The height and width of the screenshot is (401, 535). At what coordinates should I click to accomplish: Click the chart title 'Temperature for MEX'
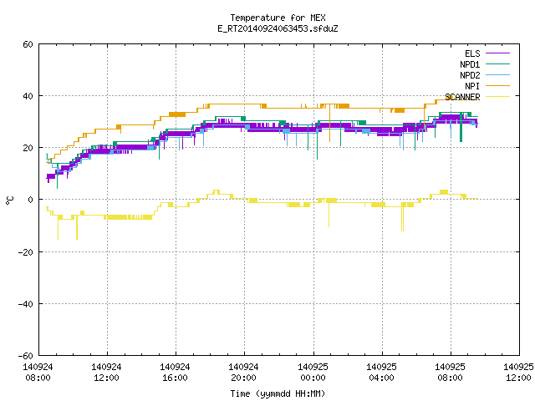coord(278,18)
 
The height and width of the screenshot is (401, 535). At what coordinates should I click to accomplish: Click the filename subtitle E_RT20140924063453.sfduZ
coord(278,28)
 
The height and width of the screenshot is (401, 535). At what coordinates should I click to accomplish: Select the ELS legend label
coord(472,53)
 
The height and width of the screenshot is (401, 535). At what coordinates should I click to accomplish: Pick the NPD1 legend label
coord(470,64)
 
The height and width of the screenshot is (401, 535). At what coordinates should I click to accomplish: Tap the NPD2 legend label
coord(470,75)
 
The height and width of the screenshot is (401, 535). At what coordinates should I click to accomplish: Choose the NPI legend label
coord(472,86)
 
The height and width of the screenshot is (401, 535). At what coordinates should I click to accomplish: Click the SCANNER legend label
coord(462,97)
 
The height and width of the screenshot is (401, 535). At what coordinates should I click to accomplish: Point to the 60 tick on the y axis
coord(28,44)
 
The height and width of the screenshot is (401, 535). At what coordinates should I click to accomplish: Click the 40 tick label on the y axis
coord(28,96)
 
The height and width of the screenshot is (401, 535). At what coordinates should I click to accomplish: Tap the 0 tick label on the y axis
coord(31,200)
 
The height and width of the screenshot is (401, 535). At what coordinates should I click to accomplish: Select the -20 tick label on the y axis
coord(26,252)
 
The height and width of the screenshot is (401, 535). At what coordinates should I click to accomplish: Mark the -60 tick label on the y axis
coord(26,356)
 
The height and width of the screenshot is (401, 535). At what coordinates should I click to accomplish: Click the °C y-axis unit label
coord(9,200)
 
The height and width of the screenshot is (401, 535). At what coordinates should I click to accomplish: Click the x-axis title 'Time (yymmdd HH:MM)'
coord(278,393)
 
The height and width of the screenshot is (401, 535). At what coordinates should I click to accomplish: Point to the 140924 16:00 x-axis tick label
coord(175,373)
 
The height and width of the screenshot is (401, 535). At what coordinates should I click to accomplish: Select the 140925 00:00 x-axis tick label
coord(313,373)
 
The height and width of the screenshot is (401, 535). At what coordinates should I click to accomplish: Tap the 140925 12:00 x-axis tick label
coord(518,373)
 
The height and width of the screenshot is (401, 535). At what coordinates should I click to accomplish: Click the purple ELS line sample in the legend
coord(498,53)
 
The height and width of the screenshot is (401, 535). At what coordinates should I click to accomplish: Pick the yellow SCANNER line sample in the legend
coord(498,97)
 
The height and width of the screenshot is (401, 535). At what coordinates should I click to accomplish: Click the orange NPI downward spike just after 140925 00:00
coord(329,123)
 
